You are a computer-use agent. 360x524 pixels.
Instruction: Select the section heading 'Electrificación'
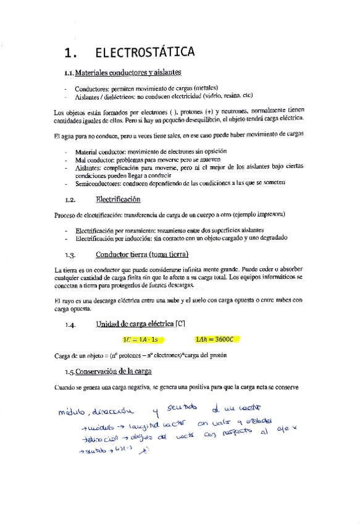point(118,200)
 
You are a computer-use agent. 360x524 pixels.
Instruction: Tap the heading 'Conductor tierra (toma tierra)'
point(142,255)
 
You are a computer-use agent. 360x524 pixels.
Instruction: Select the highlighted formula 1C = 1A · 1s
point(141,339)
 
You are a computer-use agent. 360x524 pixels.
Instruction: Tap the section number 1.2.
point(70,200)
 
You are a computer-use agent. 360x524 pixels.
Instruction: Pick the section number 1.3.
point(70,255)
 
